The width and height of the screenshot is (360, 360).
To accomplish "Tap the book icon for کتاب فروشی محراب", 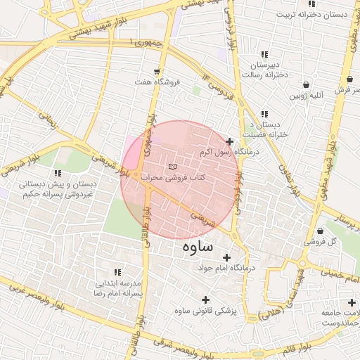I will [x=173, y=166].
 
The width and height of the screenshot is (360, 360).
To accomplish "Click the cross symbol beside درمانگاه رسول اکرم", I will [x=229, y=141].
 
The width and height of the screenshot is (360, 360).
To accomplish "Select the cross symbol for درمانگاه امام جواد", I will [x=226, y=258].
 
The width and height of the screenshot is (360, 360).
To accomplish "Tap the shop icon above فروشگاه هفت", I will [x=156, y=72].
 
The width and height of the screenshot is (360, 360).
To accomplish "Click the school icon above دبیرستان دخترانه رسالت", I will [x=264, y=54].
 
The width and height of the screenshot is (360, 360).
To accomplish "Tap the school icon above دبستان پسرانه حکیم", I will [x=57, y=173].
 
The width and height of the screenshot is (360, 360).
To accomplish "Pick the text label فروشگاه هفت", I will [x=158, y=83].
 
